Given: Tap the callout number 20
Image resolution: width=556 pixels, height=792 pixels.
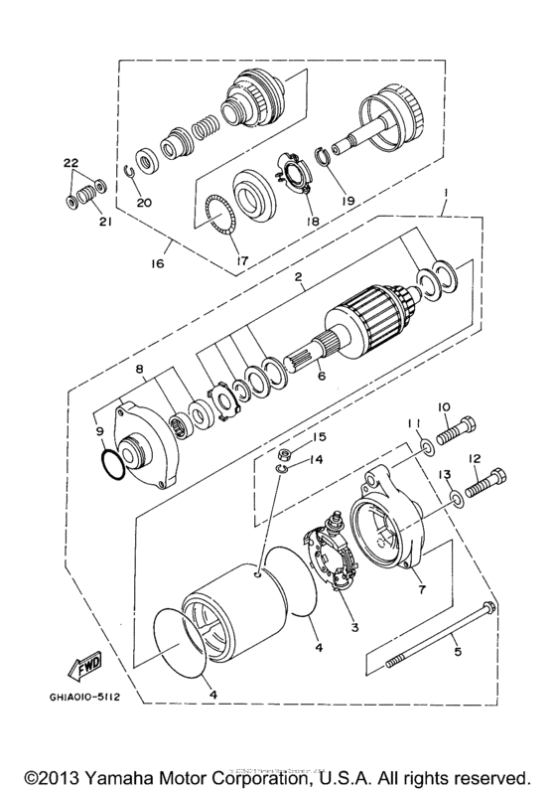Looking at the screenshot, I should click(x=145, y=202).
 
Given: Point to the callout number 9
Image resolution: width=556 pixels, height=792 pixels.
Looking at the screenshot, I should click(x=97, y=431).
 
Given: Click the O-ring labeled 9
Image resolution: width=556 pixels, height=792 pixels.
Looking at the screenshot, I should click(x=112, y=463).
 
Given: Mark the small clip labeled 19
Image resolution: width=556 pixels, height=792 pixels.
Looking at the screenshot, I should click(x=325, y=155).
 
